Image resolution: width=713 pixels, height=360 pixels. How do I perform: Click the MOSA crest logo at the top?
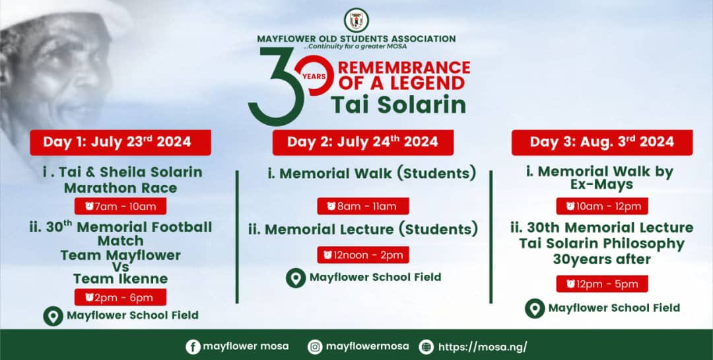click(356, 20)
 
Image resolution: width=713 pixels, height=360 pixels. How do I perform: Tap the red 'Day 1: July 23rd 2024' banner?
click(119, 142)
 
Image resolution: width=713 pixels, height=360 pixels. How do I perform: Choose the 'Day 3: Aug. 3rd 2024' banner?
click(601, 142)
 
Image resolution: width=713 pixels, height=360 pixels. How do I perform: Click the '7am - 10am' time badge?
click(120, 206)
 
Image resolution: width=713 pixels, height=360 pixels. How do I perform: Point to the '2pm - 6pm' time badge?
click(120, 297)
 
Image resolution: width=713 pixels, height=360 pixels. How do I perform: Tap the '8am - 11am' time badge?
click(362, 206)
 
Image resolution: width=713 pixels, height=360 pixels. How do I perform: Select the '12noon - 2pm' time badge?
click(362, 254)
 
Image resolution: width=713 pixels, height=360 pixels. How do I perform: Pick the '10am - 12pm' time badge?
click(601, 206)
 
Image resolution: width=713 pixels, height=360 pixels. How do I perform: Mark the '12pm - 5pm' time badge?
click(601, 284)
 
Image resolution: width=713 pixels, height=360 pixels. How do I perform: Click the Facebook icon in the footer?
click(193, 347)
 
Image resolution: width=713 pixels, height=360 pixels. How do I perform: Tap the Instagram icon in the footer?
click(316, 347)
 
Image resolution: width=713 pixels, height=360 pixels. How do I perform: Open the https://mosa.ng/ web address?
click(483, 347)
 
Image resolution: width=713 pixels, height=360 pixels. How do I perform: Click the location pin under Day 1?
click(53, 316)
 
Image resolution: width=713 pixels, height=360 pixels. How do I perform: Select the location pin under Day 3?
click(535, 308)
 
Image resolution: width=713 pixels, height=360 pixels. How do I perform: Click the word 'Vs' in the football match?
click(120, 267)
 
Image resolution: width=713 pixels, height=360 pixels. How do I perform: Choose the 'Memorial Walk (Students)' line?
click(372, 174)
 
